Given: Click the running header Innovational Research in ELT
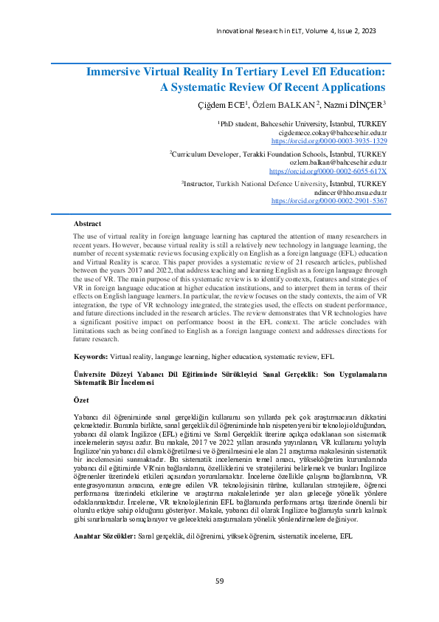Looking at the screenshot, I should click(x=274, y=30).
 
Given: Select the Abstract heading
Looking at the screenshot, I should click(x=88, y=223).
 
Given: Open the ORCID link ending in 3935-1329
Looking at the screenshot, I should click(x=329, y=140).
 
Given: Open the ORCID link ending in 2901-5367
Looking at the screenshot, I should click(x=329, y=200).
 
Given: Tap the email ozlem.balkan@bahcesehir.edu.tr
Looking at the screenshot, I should click(x=337, y=162).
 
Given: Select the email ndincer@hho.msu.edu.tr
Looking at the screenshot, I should click(x=345, y=192).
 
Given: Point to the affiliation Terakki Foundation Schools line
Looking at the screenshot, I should click(x=278, y=154).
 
